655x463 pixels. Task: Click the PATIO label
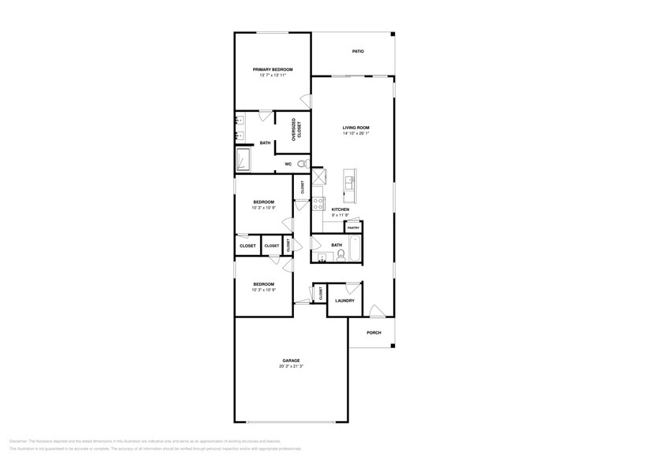[x=358, y=52]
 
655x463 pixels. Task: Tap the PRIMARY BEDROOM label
[x=272, y=69]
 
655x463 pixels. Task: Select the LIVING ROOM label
[x=355, y=128]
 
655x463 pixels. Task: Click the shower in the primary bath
[x=244, y=160]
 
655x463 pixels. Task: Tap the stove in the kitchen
[x=318, y=203]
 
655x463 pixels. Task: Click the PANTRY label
[x=353, y=228]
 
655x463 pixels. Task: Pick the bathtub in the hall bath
[x=353, y=248]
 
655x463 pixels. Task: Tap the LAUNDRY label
[x=344, y=301]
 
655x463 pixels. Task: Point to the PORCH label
[x=374, y=332]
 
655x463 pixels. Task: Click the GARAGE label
[x=291, y=361]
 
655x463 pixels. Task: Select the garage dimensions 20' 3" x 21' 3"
[x=291, y=367]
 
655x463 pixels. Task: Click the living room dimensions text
[x=355, y=134]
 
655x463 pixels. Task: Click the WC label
[x=288, y=164]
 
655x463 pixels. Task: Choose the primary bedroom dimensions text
[x=272, y=76]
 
